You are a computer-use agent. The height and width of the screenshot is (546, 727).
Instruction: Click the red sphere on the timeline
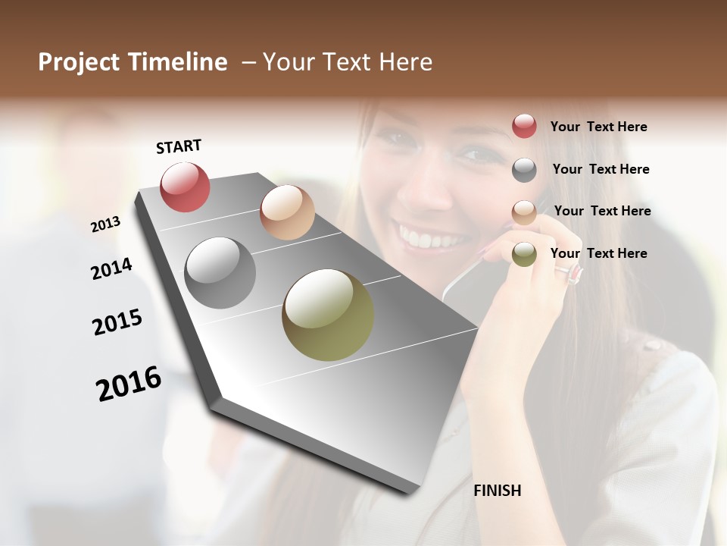click(185, 187)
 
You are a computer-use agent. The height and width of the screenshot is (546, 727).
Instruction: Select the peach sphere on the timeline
click(287, 212)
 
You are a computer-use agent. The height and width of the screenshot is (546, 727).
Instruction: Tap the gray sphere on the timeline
click(220, 273)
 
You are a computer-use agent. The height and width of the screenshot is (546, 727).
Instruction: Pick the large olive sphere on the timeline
click(328, 315)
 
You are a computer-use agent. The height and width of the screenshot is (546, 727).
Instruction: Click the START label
click(179, 146)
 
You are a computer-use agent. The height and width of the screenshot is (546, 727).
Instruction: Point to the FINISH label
click(498, 491)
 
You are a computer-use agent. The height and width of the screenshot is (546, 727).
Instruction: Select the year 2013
click(106, 224)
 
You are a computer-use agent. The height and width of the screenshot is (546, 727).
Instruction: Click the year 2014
click(111, 268)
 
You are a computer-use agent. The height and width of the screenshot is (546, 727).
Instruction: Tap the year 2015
click(117, 322)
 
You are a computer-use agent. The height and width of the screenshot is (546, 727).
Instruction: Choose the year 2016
click(129, 384)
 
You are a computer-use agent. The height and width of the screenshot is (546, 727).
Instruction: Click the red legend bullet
click(524, 126)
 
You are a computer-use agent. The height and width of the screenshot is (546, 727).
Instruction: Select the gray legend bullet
click(524, 170)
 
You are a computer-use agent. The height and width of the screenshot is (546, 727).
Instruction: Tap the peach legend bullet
click(524, 213)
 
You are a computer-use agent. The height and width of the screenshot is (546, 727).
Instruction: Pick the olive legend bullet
click(524, 255)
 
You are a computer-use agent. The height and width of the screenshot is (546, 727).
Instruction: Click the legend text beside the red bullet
click(598, 127)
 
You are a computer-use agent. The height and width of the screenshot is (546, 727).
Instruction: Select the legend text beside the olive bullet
click(598, 253)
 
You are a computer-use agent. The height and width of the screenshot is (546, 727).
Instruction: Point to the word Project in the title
click(80, 62)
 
